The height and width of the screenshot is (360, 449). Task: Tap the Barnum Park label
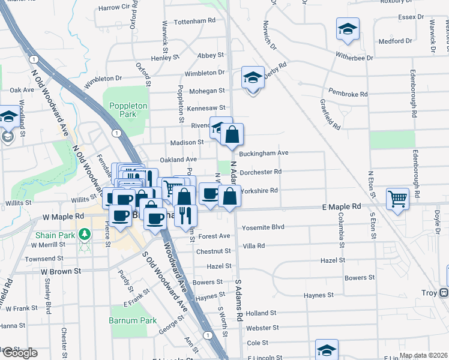[x=124, y=320]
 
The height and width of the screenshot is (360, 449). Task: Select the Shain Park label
[x=55, y=235]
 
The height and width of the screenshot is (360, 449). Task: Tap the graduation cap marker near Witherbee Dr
[x=348, y=30]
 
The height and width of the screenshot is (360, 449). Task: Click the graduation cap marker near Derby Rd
[x=253, y=77]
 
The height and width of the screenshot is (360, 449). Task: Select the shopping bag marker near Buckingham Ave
[x=232, y=134]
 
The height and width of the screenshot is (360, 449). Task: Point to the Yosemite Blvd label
[x=262, y=228]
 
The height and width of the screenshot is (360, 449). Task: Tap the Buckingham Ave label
[x=264, y=153]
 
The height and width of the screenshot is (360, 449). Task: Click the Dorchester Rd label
[x=261, y=172]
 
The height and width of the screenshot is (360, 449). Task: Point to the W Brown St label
[x=61, y=271]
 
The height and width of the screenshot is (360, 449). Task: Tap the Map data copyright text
[x=423, y=355]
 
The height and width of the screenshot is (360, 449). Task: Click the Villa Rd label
[x=254, y=246]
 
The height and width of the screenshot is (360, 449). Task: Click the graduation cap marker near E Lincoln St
[x=327, y=349]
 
